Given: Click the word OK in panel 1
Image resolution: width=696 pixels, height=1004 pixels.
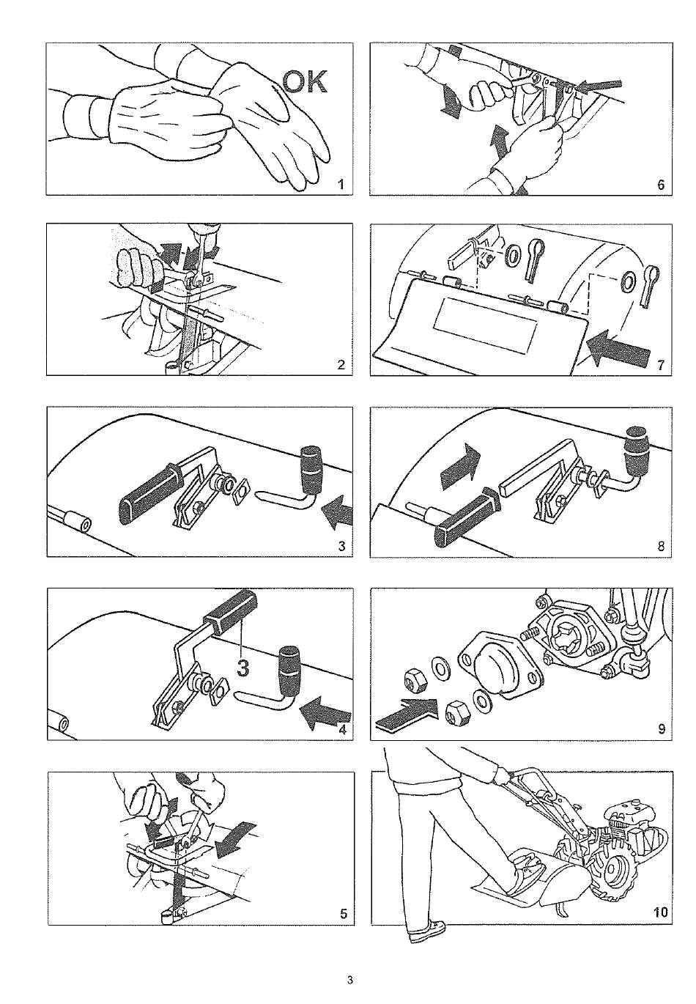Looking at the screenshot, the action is [x=306, y=82].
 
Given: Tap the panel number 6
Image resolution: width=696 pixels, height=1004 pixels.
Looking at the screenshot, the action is [x=661, y=185].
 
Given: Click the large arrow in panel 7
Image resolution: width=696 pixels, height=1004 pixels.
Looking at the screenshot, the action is [x=617, y=347].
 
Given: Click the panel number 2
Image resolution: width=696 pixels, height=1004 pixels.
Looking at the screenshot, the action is [x=341, y=365].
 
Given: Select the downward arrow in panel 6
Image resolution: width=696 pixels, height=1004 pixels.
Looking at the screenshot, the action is [x=451, y=102].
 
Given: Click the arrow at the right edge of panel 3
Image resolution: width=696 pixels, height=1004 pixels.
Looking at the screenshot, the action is [x=338, y=511].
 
